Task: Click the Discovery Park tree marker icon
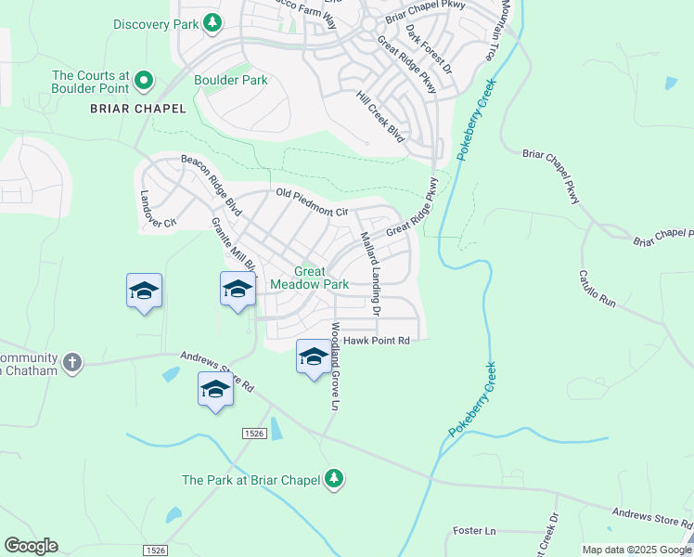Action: pos(213,23)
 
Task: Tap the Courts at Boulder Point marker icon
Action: pos(144,83)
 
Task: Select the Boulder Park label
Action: pos(230,81)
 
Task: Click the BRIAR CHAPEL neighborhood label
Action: pos(137,109)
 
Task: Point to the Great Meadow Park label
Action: pos(309,278)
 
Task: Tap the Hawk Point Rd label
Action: pos(377,342)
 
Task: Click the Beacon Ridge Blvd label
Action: pos(211,185)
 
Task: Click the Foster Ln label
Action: pos(474,531)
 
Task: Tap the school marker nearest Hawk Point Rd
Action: pos(314,356)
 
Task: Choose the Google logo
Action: pos(31,546)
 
